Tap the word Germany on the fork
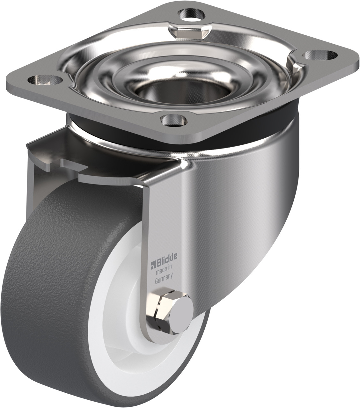(x=164, y=280)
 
